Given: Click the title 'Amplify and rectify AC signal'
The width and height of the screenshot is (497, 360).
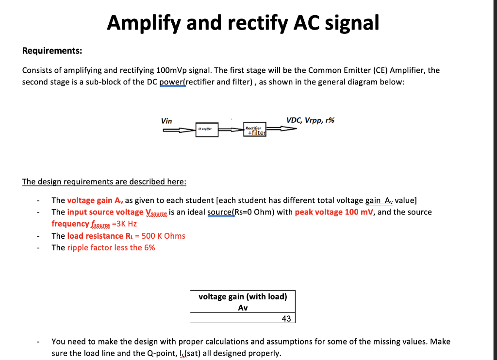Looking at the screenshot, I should (x=243, y=22).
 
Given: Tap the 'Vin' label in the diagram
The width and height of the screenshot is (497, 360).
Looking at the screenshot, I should (x=166, y=121).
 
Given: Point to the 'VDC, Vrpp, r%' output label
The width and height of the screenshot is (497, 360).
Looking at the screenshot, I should (x=310, y=120).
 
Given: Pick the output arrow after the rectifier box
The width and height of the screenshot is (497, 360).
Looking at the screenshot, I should (x=282, y=129).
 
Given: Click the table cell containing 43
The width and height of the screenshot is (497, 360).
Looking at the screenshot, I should (x=286, y=318).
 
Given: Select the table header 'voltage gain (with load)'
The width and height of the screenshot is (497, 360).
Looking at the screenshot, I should (x=243, y=296).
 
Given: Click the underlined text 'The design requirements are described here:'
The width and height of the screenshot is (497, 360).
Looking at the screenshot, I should (x=104, y=182).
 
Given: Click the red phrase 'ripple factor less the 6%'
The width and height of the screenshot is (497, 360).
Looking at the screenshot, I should (x=111, y=247).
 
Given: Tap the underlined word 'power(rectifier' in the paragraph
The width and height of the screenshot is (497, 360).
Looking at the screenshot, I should (x=186, y=82).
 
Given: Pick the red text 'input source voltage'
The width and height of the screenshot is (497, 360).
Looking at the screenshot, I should (x=105, y=212).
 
